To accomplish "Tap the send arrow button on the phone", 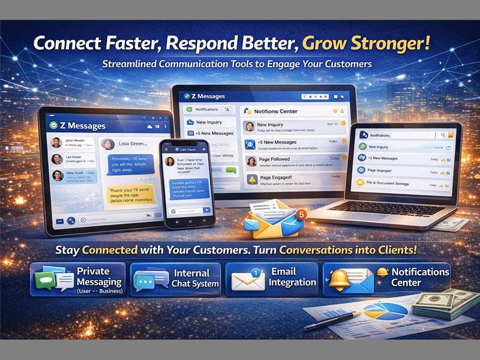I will pos(206,210).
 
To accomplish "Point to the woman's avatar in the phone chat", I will pos(170,161).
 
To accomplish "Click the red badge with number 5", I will pos(301,214).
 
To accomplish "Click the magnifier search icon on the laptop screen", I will pos(442,136).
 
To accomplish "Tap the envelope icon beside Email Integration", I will pos(247,280).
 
